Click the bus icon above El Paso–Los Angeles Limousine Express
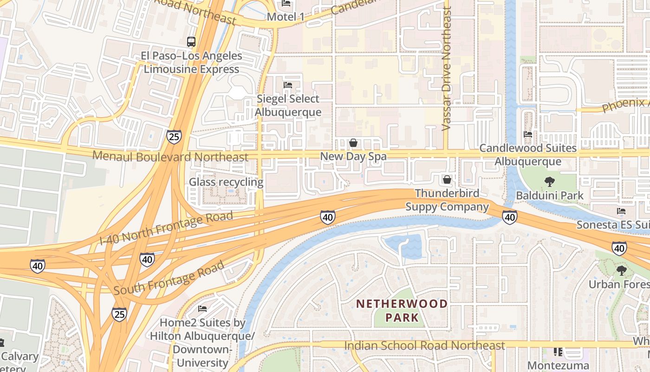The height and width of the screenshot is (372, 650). pyautogui.click(x=191, y=41)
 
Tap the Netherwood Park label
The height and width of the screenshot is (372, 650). pyautogui.click(x=402, y=311)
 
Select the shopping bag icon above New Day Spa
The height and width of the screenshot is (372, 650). pyautogui.click(x=353, y=143)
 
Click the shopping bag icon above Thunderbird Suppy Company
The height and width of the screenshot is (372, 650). pyautogui.click(x=447, y=179)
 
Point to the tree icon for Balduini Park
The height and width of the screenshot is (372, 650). pyautogui.click(x=550, y=182)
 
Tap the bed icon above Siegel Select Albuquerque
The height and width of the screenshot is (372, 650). pyautogui.click(x=288, y=85)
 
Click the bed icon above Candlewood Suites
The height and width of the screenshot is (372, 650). pyautogui.click(x=528, y=134)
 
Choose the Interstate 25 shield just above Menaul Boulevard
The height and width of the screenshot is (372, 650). pyautogui.click(x=174, y=136)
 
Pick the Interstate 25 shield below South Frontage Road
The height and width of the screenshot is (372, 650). pyautogui.click(x=119, y=314)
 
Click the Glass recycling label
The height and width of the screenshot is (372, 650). pyautogui.click(x=226, y=182)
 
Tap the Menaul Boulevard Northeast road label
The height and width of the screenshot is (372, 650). pyautogui.click(x=170, y=156)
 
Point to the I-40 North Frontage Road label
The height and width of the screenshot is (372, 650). pyautogui.click(x=166, y=229)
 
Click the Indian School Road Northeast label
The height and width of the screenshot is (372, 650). pyautogui.click(x=424, y=345)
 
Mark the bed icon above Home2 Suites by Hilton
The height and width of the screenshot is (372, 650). pyautogui.click(x=202, y=308)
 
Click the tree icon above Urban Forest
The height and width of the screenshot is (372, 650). pyautogui.click(x=621, y=270)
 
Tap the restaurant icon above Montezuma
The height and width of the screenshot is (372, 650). pyautogui.click(x=558, y=352)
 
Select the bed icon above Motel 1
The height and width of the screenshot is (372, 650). pyautogui.click(x=286, y=4)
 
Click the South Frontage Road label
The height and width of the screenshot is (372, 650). pyautogui.click(x=169, y=279)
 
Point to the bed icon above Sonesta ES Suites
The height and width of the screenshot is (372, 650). pyautogui.click(x=621, y=211)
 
